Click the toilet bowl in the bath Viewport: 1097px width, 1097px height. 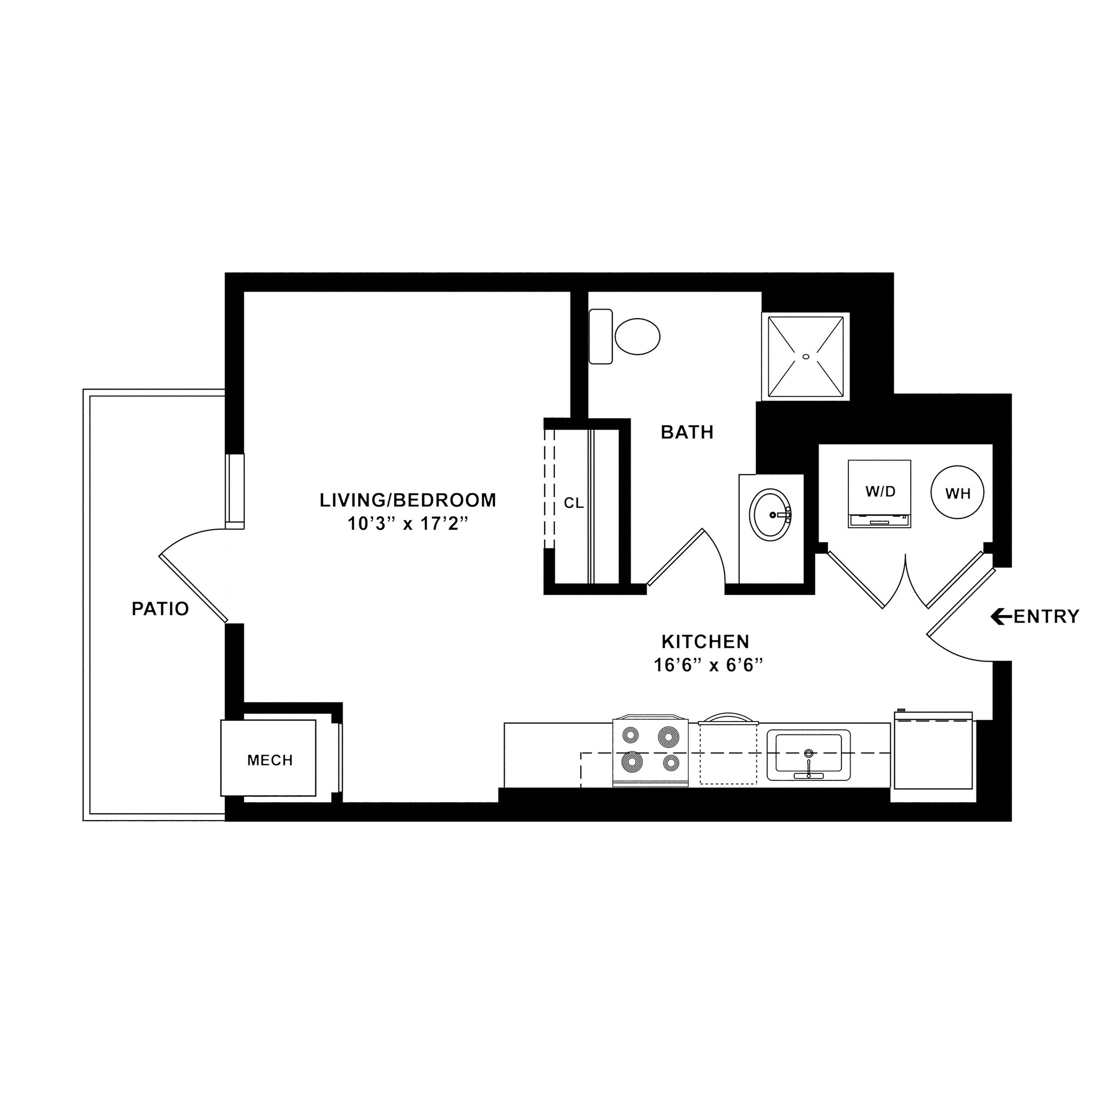pyautogui.click(x=637, y=337)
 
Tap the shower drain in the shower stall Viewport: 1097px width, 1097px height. pyautogui.click(x=805, y=357)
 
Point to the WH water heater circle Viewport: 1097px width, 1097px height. pyautogui.click(x=958, y=493)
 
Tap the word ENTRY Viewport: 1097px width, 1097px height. pyautogui.click(x=1047, y=617)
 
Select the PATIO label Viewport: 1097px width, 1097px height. pyautogui.click(x=160, y=609)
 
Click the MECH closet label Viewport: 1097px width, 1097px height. pyautogui.click(x=270, y=760)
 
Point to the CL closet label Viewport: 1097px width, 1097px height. pyautogui.click(x=574, y=503)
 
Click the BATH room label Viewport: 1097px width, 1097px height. pyautogui.click(x=687, y=433)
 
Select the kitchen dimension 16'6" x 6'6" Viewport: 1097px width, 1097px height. pyautogui.click(x=707, y=665)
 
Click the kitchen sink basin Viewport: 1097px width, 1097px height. pyautogui.click(x=808, y=756)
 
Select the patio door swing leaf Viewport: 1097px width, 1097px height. pyautogui.click(x=193, y=589)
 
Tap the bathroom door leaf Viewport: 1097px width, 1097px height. pyautogui.click(x=675, y=557)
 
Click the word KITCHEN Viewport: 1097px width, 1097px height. pyautogui.click(x=706, y=642)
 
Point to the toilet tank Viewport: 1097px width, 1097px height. pyautogui.click(x=601, y=337)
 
